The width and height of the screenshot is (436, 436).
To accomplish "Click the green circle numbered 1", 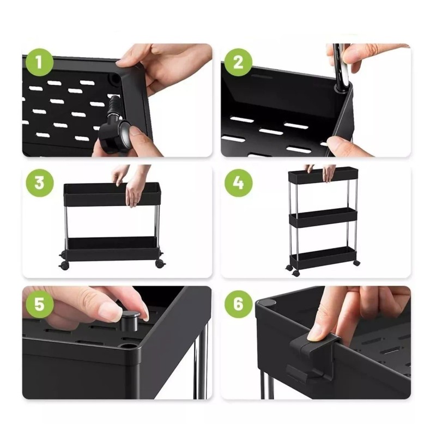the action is [39, 62].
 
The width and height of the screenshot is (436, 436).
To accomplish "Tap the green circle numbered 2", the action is [238, 62].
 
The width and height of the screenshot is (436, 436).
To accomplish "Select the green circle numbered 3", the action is [39, 183].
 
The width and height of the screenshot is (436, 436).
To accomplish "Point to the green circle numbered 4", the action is [238, 183].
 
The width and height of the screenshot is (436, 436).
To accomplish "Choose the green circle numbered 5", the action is [39, 304].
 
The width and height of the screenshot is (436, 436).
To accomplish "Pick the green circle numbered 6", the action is [238, 304].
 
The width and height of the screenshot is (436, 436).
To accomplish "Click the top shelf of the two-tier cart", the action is [112, 194].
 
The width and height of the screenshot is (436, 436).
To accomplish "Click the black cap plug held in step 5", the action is [130, 321].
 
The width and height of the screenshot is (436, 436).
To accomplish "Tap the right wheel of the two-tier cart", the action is [159, 264].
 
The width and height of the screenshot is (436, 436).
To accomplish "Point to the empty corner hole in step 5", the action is [129, 347].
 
